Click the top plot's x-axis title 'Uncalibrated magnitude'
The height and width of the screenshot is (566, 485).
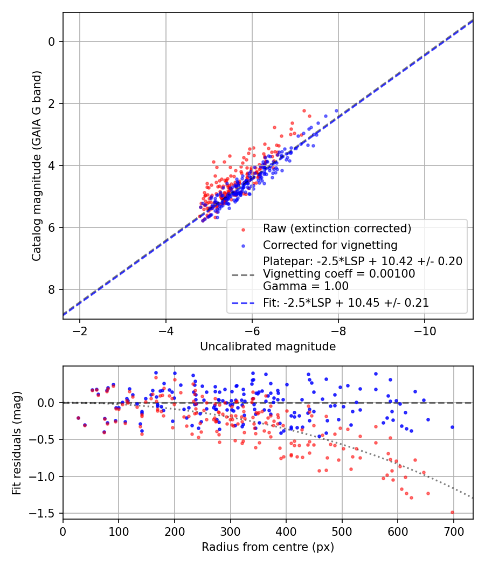268,347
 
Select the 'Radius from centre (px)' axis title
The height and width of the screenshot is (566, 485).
268,547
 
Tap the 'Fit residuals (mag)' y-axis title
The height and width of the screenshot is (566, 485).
17,442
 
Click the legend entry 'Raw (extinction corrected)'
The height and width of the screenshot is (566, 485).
337,228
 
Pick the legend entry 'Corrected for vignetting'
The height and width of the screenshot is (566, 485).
330,245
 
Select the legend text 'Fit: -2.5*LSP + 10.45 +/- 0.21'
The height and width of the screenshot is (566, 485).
346,303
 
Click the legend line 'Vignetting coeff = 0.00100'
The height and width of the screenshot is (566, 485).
339,274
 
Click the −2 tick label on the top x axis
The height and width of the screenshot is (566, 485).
80,330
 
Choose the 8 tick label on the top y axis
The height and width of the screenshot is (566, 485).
52,290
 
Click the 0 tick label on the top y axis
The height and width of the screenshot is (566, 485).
52,42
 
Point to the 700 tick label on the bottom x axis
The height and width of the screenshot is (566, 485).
453,530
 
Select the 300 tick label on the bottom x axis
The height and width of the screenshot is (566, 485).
230,530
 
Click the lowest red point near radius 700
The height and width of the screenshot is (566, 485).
452,513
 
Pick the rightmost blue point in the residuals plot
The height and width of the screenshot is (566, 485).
452,427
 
